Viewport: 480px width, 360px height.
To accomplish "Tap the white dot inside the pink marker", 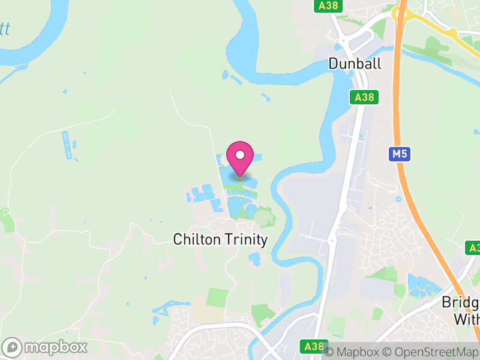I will pos(240,155).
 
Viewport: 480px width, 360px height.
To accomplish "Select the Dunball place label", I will pos(355,64).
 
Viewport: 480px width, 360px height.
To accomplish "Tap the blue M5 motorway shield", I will pos(399,154).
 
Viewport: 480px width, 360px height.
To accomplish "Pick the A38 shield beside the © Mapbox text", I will pos(314,346).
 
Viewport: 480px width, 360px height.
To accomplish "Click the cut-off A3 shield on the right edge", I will pos(473,248).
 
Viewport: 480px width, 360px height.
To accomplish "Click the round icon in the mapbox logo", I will pos(13,347).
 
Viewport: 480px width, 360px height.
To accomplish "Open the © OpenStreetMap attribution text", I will pos(434,352).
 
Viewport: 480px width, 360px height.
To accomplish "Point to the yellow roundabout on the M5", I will pos(401,13).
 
